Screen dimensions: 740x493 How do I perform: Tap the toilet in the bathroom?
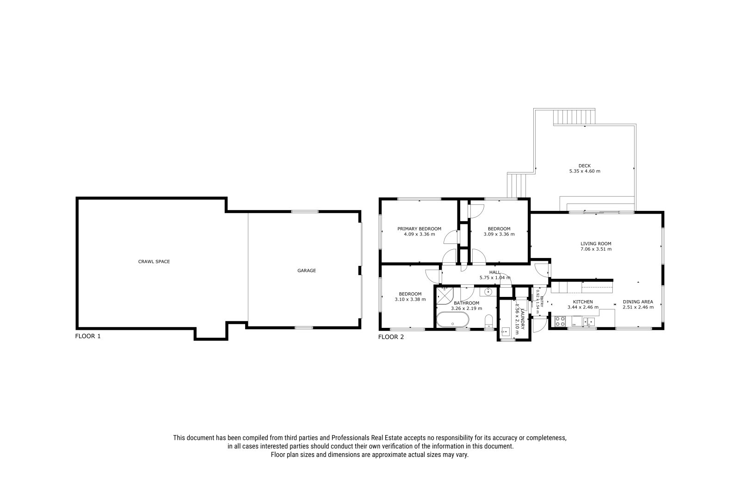point(488,321)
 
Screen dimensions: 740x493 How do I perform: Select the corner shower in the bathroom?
point(444,296)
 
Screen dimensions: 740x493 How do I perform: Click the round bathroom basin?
point(488,292)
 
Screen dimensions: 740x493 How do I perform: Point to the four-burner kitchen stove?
point(560,321)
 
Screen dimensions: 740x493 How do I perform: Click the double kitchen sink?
point(589,321)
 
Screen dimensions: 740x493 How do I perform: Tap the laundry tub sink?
point(506,331)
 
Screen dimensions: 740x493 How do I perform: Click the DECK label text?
point(585,166)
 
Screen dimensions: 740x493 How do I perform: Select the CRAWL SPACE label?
point(154,262)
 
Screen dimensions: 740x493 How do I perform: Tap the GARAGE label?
point(307,271)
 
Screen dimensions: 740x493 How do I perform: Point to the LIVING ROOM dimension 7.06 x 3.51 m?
point(596,249)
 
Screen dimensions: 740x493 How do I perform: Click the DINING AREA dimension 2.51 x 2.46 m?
point(638,307)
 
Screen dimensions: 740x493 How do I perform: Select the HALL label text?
point(494,272)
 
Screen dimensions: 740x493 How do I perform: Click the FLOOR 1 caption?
point(88,336)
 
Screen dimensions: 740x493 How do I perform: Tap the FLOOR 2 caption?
point(391,337)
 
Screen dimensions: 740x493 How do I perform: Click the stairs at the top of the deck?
point(574,117)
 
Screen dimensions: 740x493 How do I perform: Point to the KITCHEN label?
point(583,302)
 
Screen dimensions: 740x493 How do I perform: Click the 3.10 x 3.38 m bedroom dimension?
point(410,299)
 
